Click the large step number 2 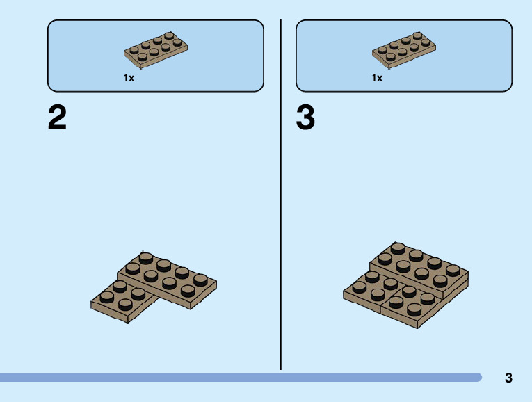pyautogui.click(x=58, y=118)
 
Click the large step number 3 pyautogui.click(x=305, y=118)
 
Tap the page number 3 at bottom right pyautogui.click(x=508, y=378)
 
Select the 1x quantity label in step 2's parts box pyautogui.click(x=129, y=78)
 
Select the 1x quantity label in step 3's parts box pyautogui.click(x=377, y=78)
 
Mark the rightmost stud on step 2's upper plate pyautogui.click(x=200, y=279)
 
